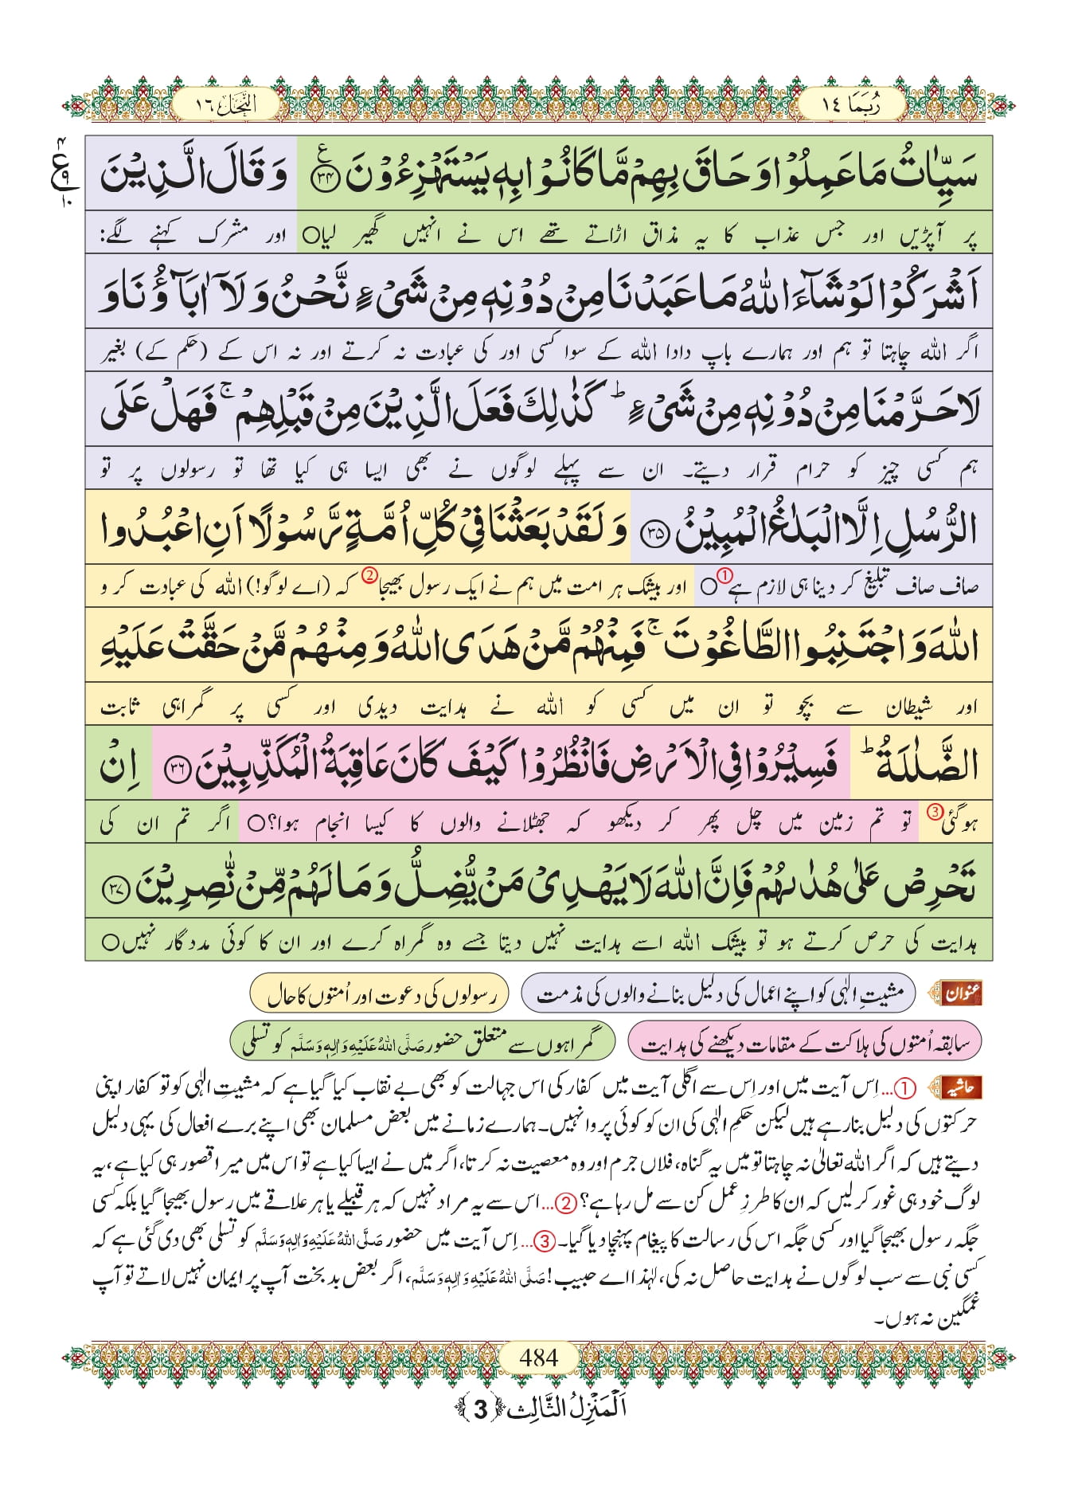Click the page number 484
point(538,1357)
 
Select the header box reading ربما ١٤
point(851,104)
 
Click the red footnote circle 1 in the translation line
point(725,574)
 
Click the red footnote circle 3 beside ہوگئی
point(935,812)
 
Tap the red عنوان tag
point(963,993)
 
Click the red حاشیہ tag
point(963,1087)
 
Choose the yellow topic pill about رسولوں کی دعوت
point(379,993)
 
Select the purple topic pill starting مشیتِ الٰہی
point(718,993)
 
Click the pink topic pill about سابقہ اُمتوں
point(804,1042)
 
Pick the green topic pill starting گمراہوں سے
point(423,1042)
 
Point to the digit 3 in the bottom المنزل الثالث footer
point(480,1409)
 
